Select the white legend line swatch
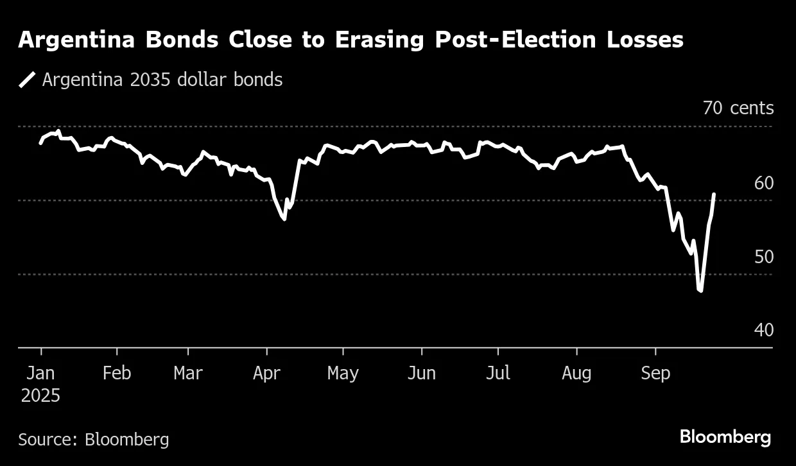pyautogui.click(x=27, y=80)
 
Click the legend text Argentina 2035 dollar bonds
pyautogui.click(x=162, y=80)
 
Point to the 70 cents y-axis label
pyautogui.click(x=738, y=108)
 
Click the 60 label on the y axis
pyautogui.click(x=764, y=183)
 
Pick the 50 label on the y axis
pyautogui.click(x=764, y=257)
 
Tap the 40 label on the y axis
pyautogui.click(x=764, y=330)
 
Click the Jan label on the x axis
pyautogui.click(x=41, y=373)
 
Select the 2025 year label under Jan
pyautogui.click(x=41, y=395)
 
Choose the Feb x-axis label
pyautogui.click(x=117, y=373)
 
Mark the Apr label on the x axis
pyautogui.click(x=266, y=373)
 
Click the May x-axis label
pyautogui.click(x=343, y=373)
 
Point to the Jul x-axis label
pyautogui.click(x=497, y=373)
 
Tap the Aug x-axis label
pyautogui.click(x=576, y=373)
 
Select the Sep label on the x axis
pyautogui.click(x=655, y=373)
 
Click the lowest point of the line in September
pyautogui.click(x=700, y=291)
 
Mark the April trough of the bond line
pyautogui.click(x=284, y=220)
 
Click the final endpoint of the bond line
pyautogui.click(x=714, y=194)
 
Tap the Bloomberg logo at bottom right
pyautogui.click(x=725, y=437)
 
